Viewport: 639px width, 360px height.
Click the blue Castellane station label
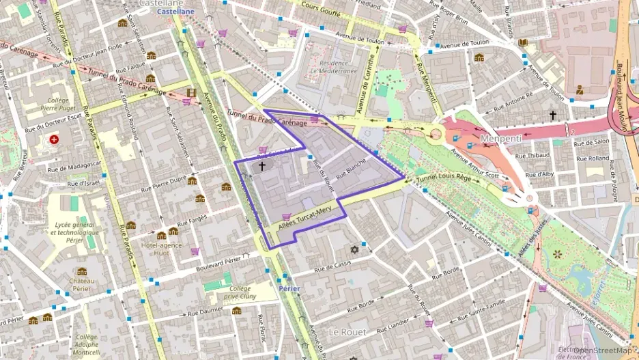(175, 12)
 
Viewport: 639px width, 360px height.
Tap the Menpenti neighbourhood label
(500, 139)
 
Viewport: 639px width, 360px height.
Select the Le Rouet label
(347, 332)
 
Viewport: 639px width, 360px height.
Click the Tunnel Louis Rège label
(444, 178)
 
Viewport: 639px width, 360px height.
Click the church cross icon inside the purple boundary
(262, 166)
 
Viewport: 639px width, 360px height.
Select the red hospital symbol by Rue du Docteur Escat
(53, 139)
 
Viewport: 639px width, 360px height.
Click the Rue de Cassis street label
(333, 265)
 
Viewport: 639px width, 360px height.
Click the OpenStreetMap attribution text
(602, 350)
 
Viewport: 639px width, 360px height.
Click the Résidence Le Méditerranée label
(333, 66)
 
